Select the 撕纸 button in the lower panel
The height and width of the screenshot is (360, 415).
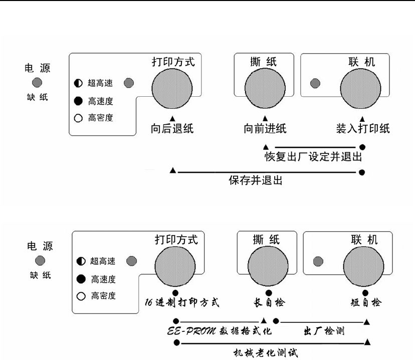[268, 267]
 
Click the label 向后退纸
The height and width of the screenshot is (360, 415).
[172, 129]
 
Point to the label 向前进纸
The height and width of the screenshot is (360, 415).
[265, 129]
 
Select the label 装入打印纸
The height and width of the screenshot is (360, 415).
[363, 129]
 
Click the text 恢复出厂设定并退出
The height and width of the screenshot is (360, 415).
[313, 157]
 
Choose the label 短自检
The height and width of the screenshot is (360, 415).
[365, 303]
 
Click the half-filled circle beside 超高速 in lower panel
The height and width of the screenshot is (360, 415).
[81, 261]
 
